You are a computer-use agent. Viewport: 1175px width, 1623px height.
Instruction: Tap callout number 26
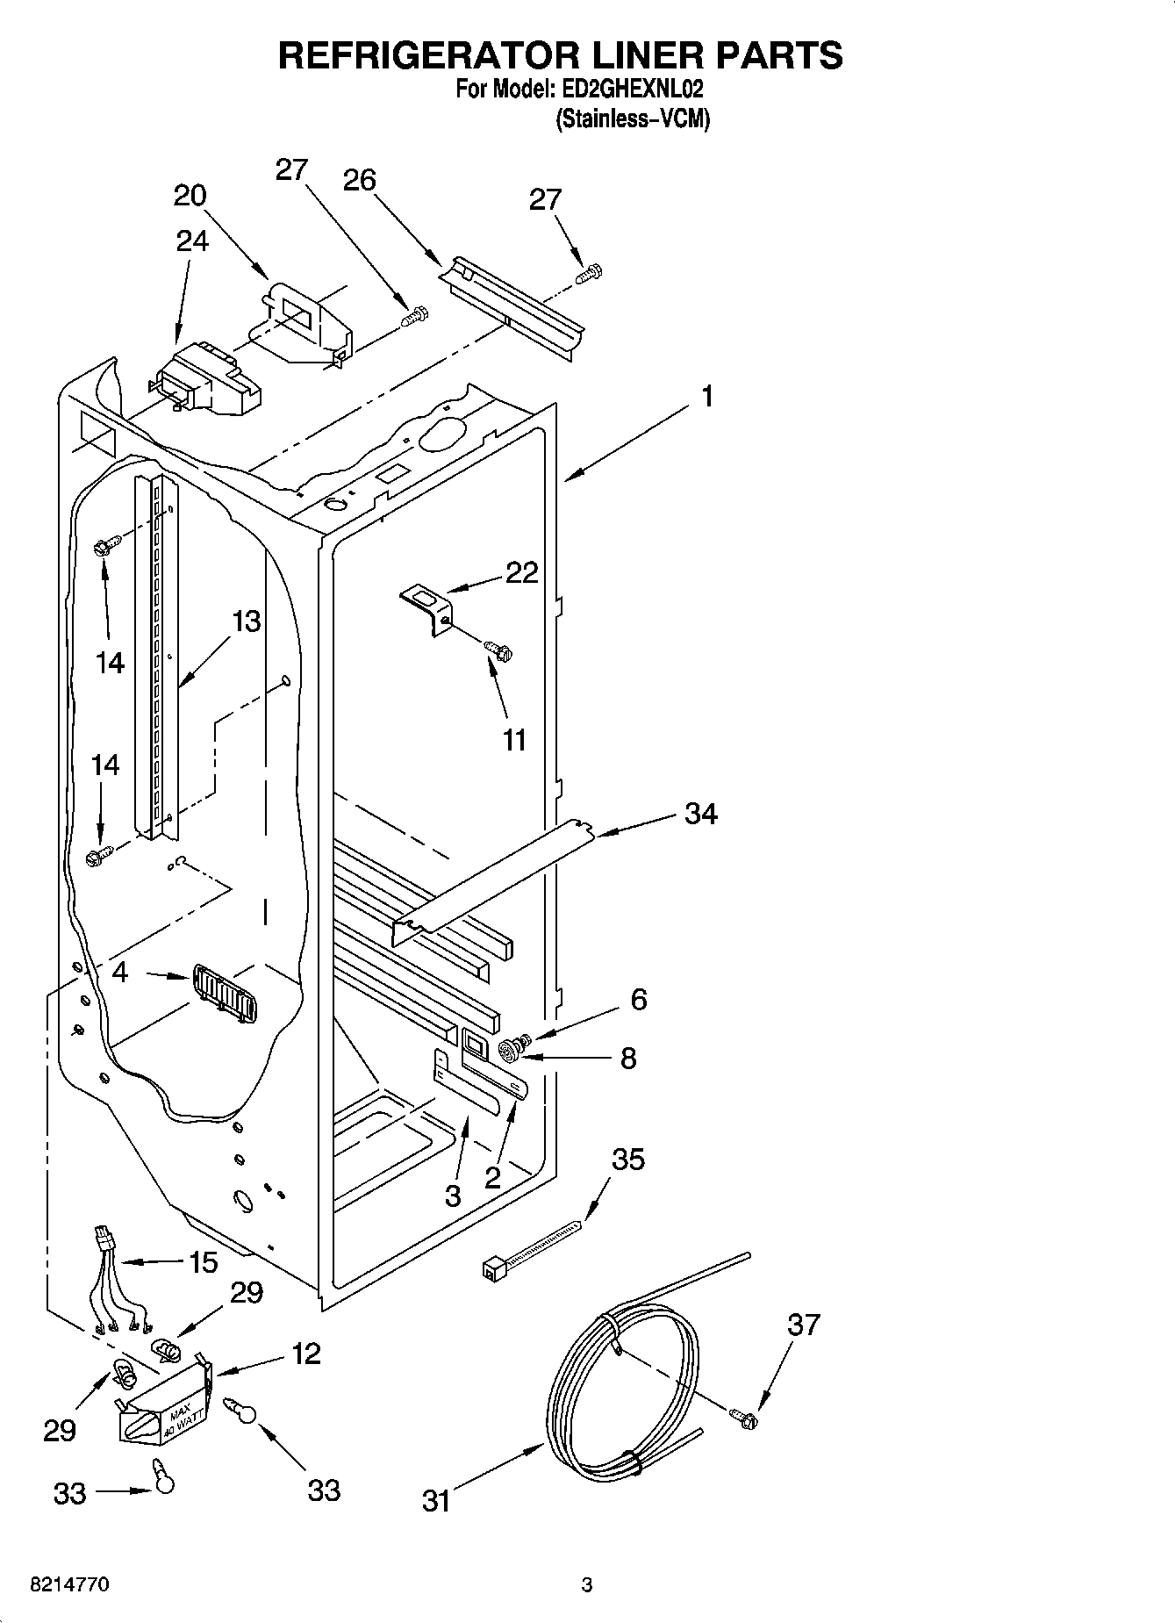pyautogui.click(x=359, y=180)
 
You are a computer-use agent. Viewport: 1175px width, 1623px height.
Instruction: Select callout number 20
pyautogui.click(x=190, y=195)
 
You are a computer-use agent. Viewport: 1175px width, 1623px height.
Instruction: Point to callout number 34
pyautogui.click(x=701, y=814)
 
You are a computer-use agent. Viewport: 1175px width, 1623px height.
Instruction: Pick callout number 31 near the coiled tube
pyautogui.click(x=436, y=1501)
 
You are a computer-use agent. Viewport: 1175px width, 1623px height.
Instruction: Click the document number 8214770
pyautogui.click(x=69, y=1585)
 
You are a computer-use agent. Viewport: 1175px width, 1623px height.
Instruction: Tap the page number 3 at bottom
pyautogui.click(x=587, y=1585)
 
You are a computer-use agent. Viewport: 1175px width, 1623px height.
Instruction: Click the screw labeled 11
pyautogui.click(x=500, y=650)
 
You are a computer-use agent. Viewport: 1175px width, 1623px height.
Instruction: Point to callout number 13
pyautogui.click(x=247, y=621)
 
